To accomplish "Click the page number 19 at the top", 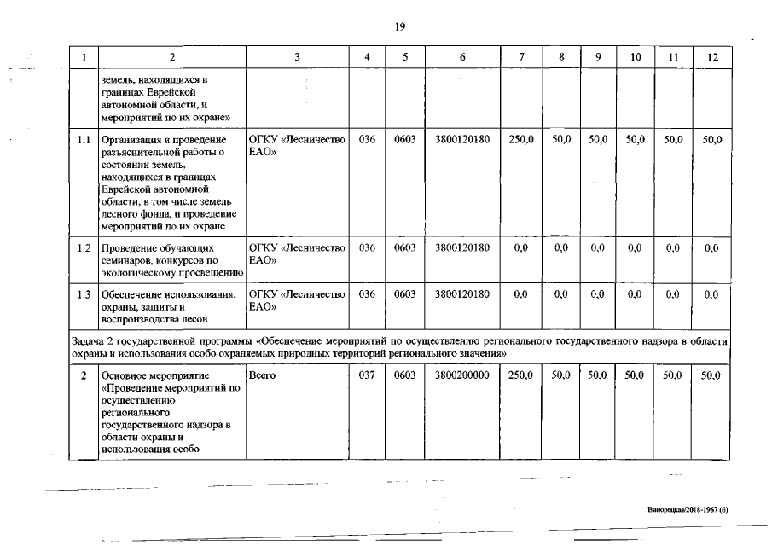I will coord(399,26).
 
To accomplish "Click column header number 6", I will coord(461,57).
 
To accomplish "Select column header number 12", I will coord(711,57).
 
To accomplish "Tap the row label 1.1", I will coord(84,139).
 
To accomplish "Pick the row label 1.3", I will coord(84,294).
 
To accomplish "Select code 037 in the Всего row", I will coord(367,375).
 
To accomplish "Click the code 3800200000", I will coord(461,375).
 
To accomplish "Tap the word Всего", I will coord(263,375).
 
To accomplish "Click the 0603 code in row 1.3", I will coord(405,294).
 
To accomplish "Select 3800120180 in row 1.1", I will coord(461,139).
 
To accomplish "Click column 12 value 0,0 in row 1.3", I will coord(711,294).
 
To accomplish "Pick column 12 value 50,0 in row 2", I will coord(711,375).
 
